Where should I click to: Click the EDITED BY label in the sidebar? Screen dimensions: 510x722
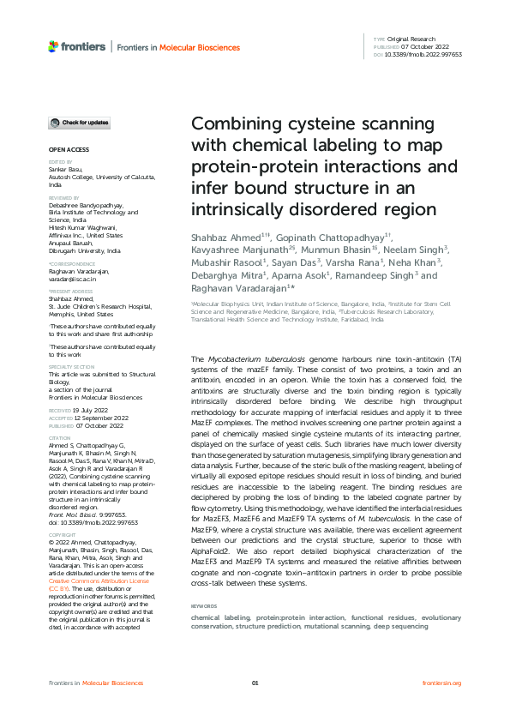pyautogui.click(x=60, y=161)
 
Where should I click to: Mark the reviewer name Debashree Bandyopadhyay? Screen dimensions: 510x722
pyautogui.click(x=86, y=207)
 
